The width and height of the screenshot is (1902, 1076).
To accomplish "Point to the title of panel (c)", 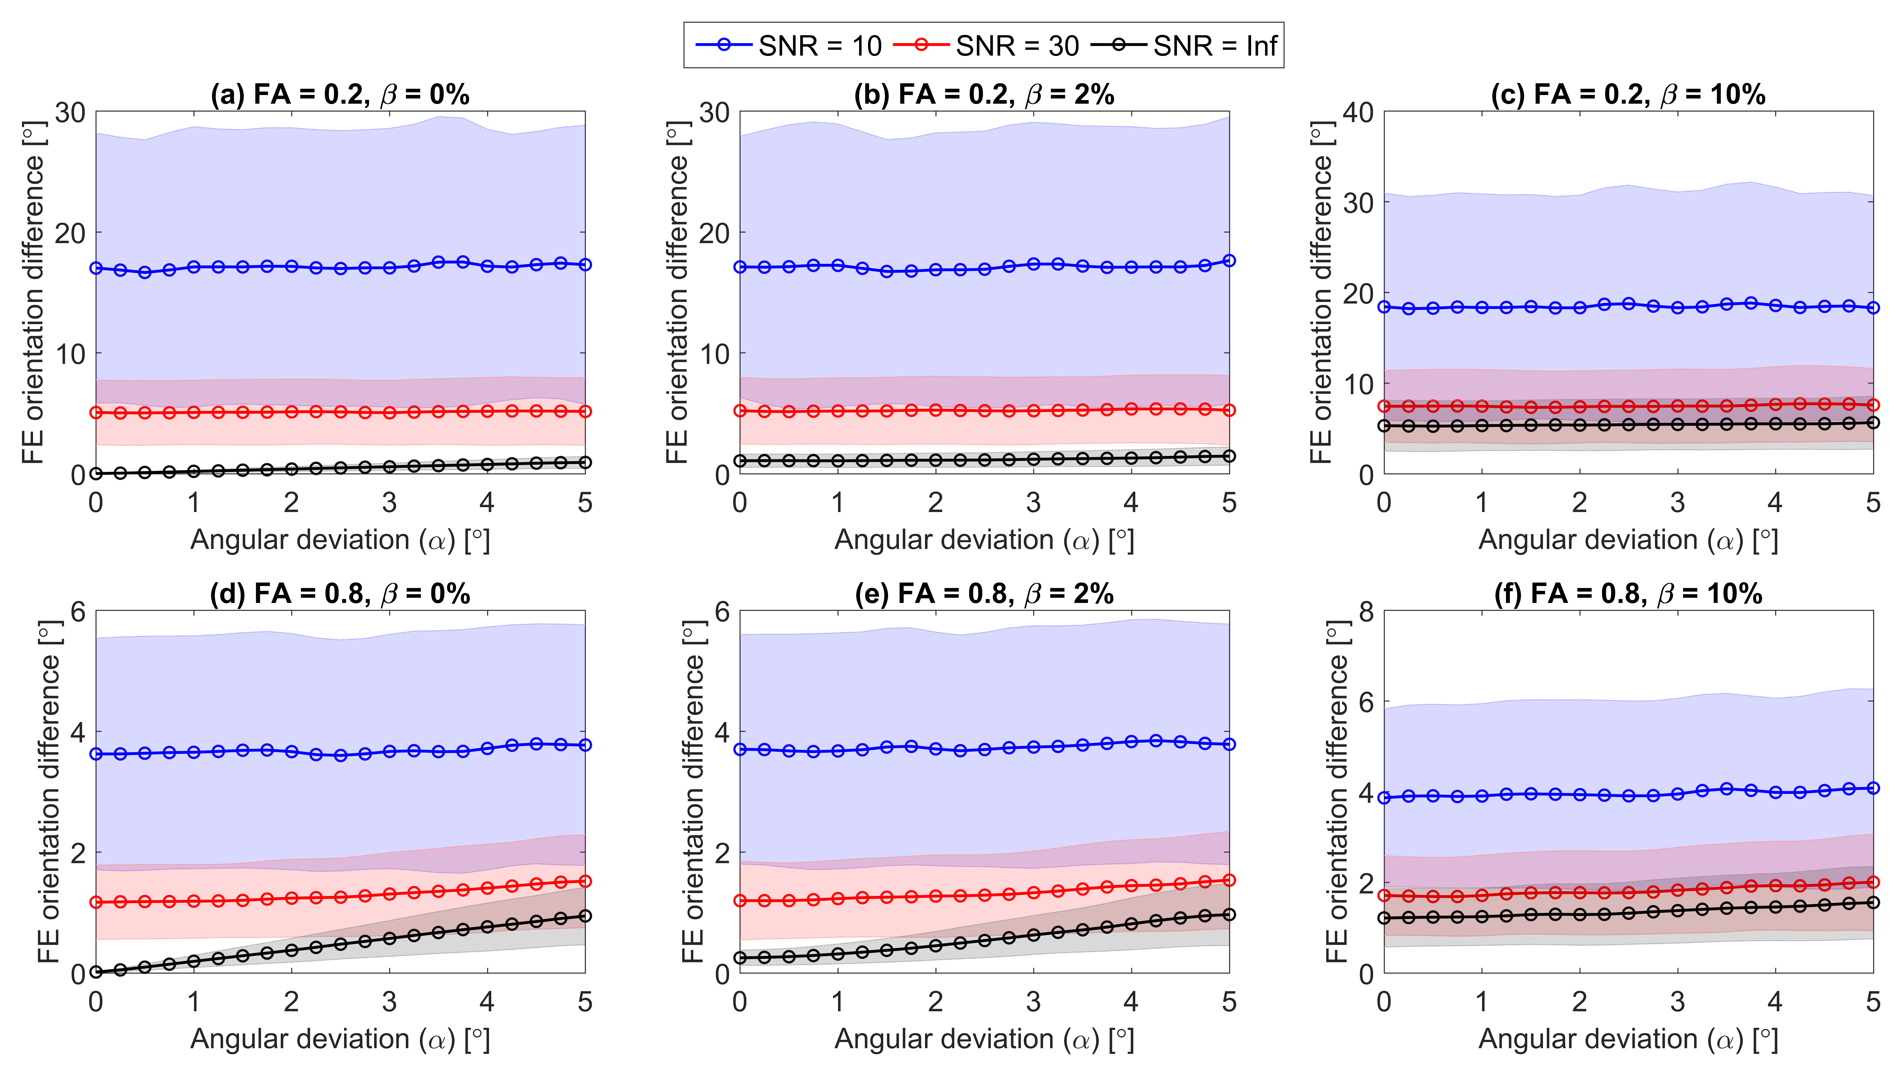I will click(x=1628, y=95).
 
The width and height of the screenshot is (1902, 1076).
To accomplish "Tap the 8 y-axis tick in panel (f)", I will click(x=1366, y=612).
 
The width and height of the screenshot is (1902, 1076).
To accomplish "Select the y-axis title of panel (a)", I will click(x=33, y=293).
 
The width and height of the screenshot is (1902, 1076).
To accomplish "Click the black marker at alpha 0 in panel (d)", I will click(x=96, y=972).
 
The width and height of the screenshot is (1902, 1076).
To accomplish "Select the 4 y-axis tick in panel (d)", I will click(x=77, y=732).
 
